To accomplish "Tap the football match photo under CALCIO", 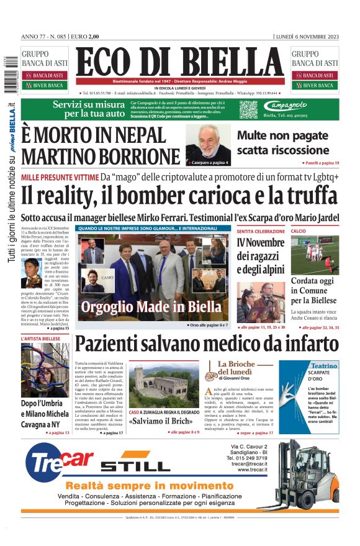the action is click(x=315, y=254).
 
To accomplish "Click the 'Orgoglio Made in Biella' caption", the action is click(x=151, y=306).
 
